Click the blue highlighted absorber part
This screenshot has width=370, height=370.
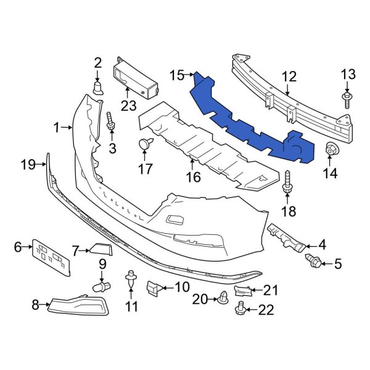click(247, 117)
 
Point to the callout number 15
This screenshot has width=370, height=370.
click(177, 75)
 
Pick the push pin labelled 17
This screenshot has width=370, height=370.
click(145, 145)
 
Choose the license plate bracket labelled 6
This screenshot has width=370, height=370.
click(54, 255)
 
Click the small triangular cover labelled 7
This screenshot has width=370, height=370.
click(101, 249)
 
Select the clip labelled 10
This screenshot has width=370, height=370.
click(154, 287)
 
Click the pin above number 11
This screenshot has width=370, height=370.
click(130, 277)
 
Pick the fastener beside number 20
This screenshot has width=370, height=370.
click(220, 299)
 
